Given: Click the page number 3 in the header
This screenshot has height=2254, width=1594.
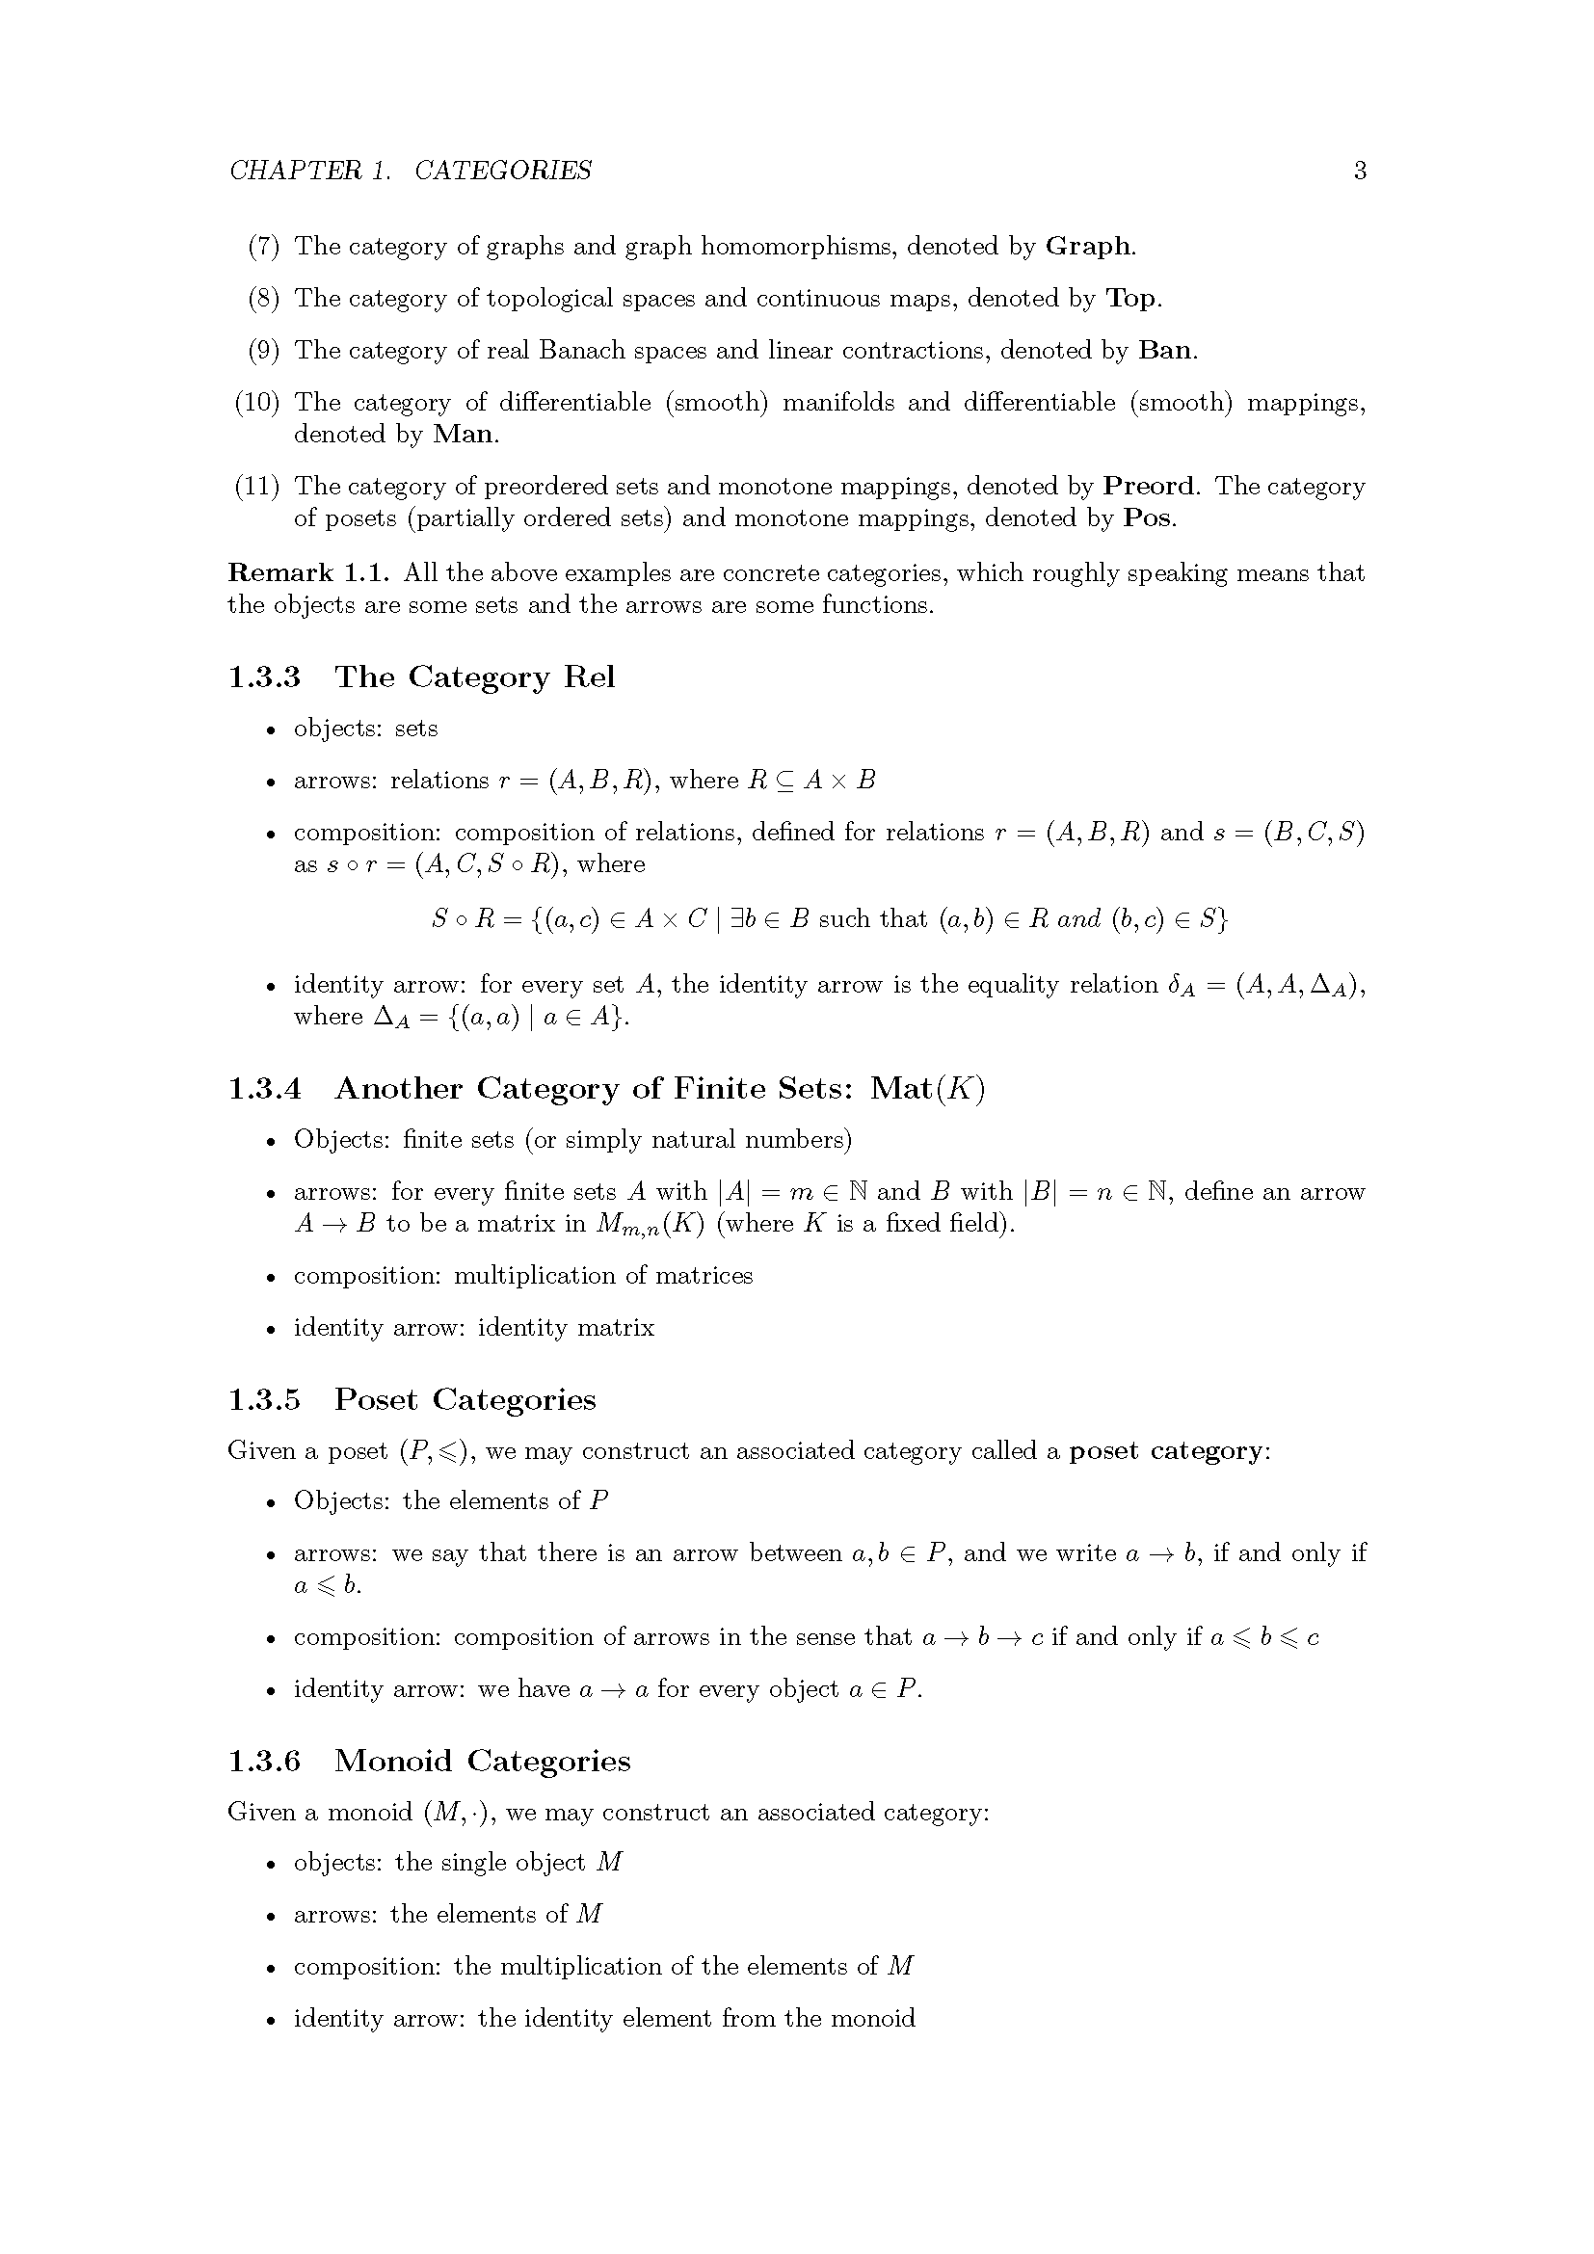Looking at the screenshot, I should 1360,171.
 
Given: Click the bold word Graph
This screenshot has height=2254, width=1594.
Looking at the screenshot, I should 1087,246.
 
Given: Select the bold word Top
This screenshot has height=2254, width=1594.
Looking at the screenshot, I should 1130,298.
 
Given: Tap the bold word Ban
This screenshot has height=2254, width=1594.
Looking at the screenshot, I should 1165,350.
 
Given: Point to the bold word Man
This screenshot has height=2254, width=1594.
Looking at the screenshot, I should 464,434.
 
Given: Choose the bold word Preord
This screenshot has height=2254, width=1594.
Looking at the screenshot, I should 1150,486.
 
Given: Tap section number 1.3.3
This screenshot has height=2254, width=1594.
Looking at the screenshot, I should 264,677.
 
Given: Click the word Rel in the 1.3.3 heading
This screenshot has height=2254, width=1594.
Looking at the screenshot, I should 589,677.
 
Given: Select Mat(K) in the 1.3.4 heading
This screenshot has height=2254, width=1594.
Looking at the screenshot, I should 926,1089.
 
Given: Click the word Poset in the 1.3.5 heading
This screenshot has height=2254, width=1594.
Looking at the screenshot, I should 376,1400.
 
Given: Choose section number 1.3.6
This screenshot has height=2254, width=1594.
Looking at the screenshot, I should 264,1762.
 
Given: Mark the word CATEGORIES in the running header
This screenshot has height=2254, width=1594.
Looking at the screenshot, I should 502,171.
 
